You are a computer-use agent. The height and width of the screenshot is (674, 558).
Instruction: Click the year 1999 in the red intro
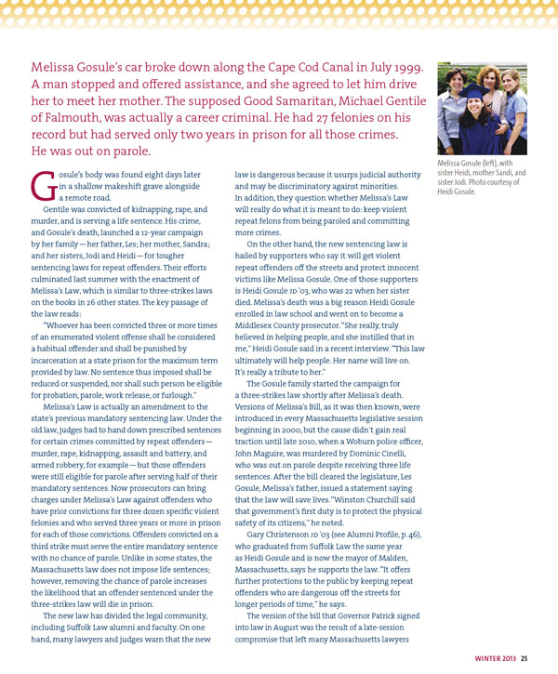click(407, 70)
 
